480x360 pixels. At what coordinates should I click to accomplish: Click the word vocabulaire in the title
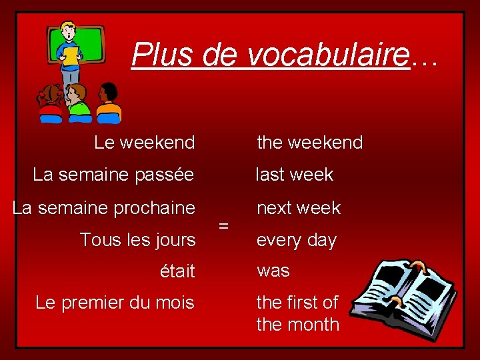click(327, 55)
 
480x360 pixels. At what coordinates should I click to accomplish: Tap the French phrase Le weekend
click(145, 143)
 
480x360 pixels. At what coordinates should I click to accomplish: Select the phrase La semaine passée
click(113, 175)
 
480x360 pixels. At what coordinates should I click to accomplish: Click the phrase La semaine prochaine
click(104, 207)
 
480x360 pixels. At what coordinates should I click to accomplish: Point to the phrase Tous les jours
click(137, 239)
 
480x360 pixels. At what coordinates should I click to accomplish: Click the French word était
click(177, 271)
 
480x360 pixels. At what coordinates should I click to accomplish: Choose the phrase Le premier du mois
click(115, 303)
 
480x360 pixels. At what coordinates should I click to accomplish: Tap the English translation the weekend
click(309, 143)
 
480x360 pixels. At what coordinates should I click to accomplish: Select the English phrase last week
click(295, 175)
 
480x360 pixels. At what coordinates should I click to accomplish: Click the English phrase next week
click(298, 208)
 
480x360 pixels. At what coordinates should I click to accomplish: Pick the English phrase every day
click(296, 240)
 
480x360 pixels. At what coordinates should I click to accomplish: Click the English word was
click(273, 271)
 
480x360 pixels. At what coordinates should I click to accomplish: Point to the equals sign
click(224, 225)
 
